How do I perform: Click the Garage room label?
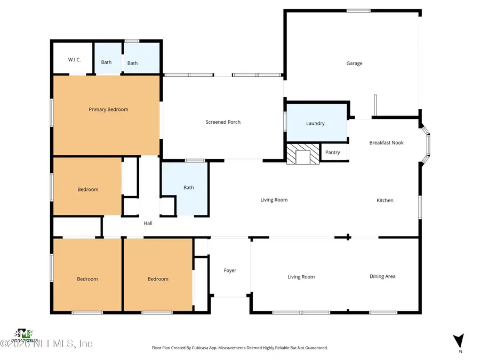[354, 63]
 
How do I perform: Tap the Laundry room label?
[315, 123]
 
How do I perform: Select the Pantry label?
[332, 153]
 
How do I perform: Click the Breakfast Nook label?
[386, 143]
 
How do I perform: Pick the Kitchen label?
[385, 201]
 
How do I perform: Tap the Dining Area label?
[382, 276]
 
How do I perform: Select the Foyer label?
[230, 270]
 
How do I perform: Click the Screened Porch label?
[223, 122]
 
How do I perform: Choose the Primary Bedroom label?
[108, 109]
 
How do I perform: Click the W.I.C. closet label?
[74, 59]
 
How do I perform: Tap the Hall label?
[148, 223]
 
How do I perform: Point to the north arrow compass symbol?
[458, 340]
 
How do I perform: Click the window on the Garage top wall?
[358, 11]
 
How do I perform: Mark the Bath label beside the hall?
[189, 188]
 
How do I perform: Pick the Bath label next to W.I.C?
[107, 62]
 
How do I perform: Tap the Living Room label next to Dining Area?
[301, 277]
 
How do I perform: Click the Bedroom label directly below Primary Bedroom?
[88, 189]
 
